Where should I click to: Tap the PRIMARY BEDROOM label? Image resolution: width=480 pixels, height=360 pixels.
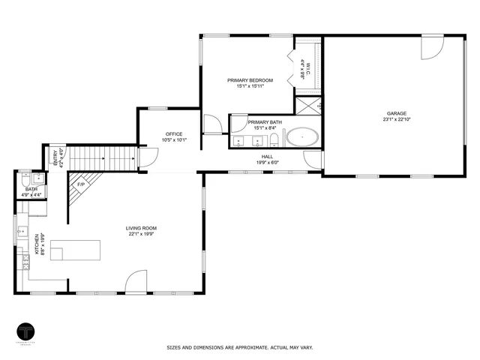click(250, 80)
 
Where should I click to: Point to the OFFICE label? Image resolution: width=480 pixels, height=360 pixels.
click(174, 134)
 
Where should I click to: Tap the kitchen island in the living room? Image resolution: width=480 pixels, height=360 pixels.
click(74, 250)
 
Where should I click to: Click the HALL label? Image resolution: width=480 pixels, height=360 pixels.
click(267, 157)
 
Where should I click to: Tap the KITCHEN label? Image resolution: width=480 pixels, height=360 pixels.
click(35, 244)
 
